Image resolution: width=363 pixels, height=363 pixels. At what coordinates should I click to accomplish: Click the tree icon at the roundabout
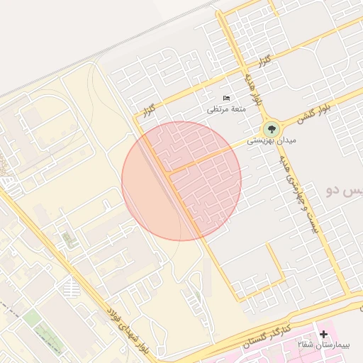pyautogui.click(x=270, y=130)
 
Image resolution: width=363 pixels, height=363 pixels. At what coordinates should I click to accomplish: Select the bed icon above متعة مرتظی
pyautogui.click(x=225, y=97)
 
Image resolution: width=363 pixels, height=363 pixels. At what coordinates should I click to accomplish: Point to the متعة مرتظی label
pyautogui.click(x=225, y=108)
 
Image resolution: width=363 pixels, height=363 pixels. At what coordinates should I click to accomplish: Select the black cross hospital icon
pyautogui.click(x=324, y=333)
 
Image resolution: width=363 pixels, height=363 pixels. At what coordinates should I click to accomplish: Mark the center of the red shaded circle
pyautogui.click(x=181, y=181)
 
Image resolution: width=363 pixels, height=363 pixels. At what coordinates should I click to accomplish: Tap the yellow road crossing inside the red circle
pyautogui.click(x=168, y=171)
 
